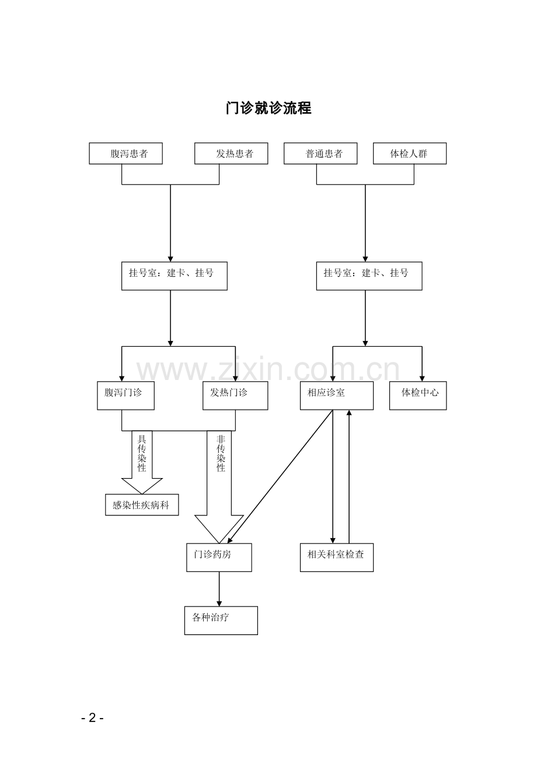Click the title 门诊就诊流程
(x=268, y=108)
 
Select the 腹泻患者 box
(x=125, y=154)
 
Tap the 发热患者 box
(x=231, y=154)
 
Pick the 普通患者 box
(x=320, y=154)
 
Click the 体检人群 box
(x=410, y=154)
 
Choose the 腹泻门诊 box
(x=126, y=395)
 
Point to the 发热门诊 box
(x=235, y=395)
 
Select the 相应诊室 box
(x=337, y=395)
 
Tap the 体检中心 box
(x=418, y=395)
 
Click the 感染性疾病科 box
(x=142, y=505)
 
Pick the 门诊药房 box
(x=219, y=557)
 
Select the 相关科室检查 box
(x=337, y=557)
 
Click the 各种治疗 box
(x=221, y=620)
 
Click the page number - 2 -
(x=92, y=717)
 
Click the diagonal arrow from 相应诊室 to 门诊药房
(x=280, y=476)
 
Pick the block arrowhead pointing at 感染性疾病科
(x=142, y=486)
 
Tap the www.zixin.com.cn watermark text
(x=268, y=370)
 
